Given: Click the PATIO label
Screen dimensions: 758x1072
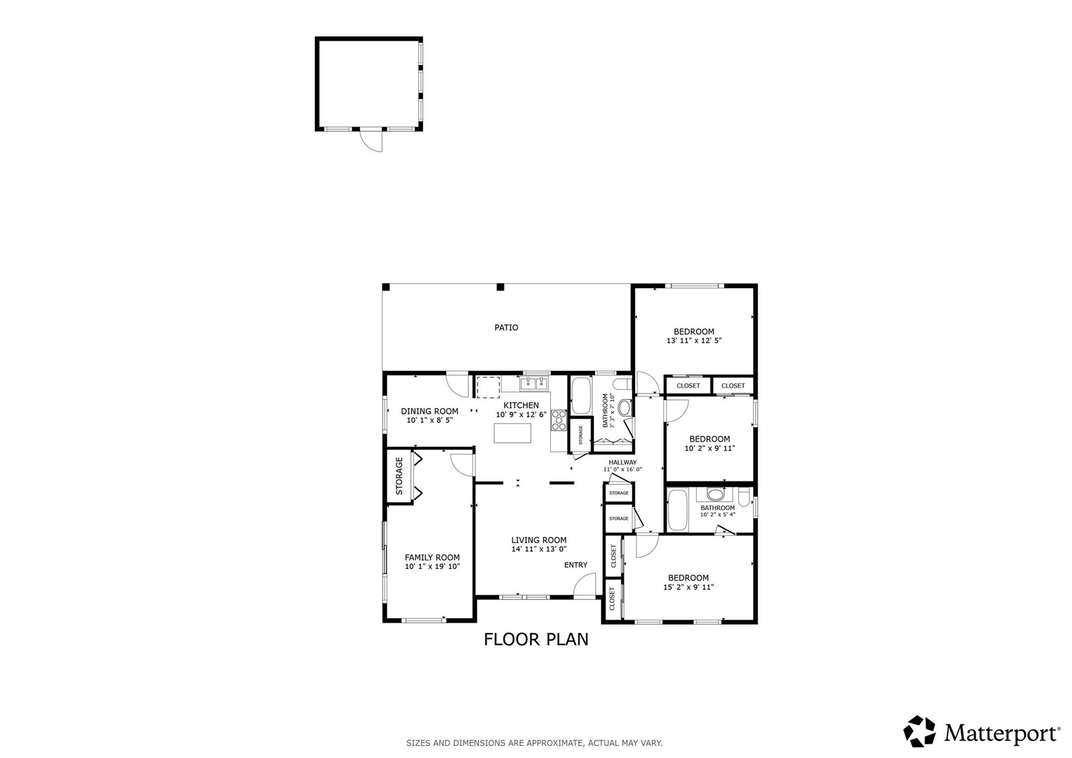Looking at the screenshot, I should click(506, 328).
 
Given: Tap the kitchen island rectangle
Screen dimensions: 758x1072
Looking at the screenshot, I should click(512, 433).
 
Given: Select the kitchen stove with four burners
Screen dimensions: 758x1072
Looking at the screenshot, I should click(559, 420).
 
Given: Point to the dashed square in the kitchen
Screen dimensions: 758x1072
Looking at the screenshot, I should click(488, 387).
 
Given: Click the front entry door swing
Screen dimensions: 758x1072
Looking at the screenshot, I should click(585, 585).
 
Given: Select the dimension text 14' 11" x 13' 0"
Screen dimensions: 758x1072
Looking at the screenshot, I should click(539, 549).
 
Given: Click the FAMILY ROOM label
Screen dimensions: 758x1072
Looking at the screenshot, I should click(432, 558).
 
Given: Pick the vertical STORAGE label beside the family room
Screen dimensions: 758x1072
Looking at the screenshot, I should click(399, 476).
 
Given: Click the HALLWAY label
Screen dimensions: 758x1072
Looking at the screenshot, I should click(622, 462).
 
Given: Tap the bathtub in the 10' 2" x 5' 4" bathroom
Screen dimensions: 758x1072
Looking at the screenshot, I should click(677, 510).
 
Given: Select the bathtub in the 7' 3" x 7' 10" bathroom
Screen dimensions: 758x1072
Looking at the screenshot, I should click(580, 396).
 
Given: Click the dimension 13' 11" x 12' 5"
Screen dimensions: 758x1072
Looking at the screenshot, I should click(694, 340).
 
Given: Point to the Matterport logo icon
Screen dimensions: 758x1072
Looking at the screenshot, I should click(919, 731).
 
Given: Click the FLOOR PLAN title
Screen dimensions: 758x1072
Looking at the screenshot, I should click(536, 639).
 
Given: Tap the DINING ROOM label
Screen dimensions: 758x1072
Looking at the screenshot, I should click(429, 411).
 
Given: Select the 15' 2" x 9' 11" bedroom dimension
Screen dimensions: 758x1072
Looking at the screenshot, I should click(688, 587).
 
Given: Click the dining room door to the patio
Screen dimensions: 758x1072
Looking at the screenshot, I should click(457, 384).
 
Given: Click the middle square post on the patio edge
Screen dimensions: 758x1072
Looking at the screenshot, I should click(500, 287).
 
